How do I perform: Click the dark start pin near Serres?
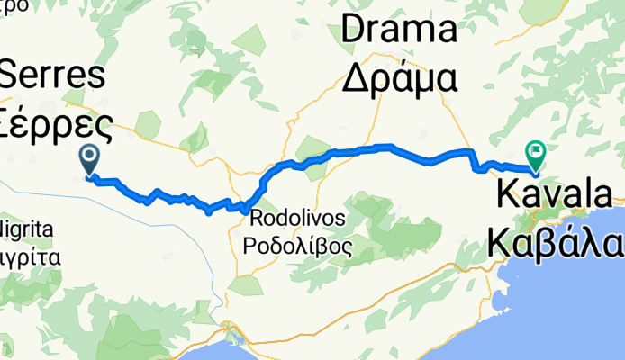[90, 159]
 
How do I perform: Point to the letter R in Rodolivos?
[255, 218]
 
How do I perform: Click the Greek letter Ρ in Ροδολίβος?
[250, 245]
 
